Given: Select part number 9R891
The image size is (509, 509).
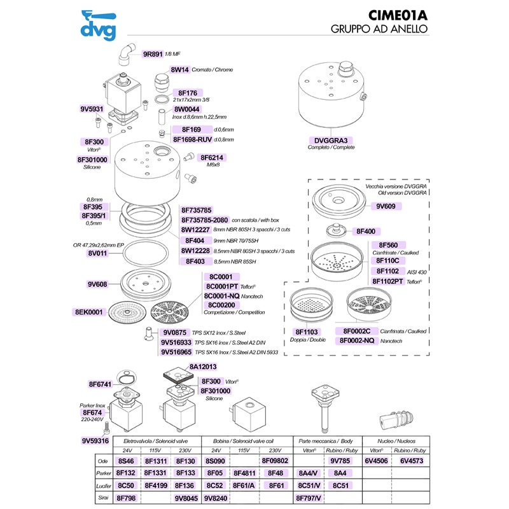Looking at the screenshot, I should point(153,55).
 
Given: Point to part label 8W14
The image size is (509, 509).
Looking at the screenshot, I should point(179,69).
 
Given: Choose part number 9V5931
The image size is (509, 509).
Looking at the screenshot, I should point(92,109).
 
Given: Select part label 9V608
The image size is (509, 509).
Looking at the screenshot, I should point(99,284).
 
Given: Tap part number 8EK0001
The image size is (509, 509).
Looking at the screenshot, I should point(89,312).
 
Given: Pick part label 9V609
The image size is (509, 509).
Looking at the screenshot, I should point(386,207).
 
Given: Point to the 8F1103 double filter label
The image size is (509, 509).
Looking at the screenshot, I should point(307,332).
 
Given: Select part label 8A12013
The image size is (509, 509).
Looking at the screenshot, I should point(203,367).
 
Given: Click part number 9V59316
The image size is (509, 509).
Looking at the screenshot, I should point(96,440).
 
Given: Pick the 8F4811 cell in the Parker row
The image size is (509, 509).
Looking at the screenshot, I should point(245,473).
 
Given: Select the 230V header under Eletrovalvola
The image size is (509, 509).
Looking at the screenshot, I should point(184,449).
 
